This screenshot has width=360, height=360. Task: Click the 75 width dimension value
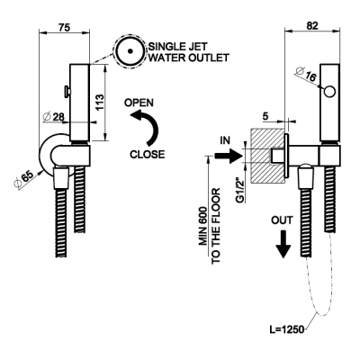coord(64,27)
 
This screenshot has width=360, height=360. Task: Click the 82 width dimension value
coord(312,26)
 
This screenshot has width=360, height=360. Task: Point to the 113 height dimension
coord(100,103)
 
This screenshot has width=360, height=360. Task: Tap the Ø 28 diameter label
coord(54,117)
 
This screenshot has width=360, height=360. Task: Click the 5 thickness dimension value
coord(265,116)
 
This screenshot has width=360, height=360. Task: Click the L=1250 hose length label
coord(287,329)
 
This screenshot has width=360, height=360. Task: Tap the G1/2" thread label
coord(240,191)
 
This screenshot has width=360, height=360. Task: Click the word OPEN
coord(139,103)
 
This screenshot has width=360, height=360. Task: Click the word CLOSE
coord(148,154)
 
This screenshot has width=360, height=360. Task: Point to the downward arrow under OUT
coord(283,244)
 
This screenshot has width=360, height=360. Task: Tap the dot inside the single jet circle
coord(130,51)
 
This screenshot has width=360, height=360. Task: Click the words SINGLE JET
coord(178,47)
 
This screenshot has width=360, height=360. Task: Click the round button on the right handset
coord(329,92)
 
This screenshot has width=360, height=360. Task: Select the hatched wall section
coord(266,156)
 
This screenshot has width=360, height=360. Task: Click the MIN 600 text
coord(203,226)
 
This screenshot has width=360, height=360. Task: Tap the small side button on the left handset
coord(67,91)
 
